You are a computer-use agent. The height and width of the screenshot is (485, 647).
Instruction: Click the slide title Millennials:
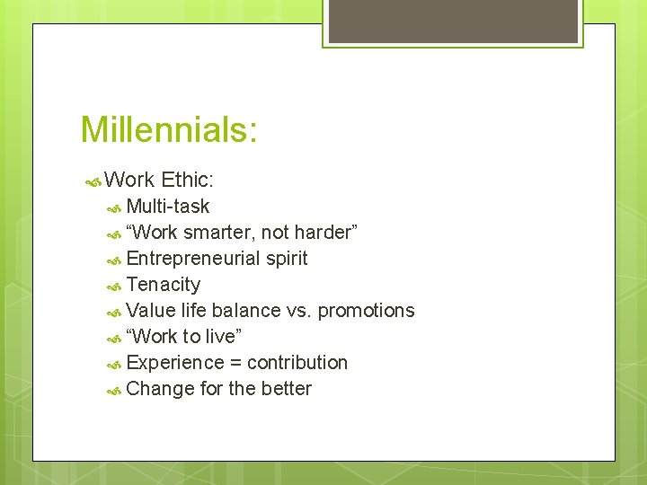(169, 129)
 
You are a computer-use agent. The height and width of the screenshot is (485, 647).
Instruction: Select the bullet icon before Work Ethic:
(92, 181)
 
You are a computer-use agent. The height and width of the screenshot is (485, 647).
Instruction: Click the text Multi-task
(168, 207)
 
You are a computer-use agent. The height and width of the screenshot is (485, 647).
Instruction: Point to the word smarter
(219, 233)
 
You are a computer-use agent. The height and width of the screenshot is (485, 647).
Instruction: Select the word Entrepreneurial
(194, 259)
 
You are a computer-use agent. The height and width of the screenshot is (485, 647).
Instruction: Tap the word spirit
(287, 259)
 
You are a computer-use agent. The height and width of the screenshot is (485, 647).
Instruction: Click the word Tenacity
(164, 285)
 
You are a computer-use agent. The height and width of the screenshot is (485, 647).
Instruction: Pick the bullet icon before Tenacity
(114, 286)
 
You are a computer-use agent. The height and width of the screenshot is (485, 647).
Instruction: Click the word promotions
(366, 311)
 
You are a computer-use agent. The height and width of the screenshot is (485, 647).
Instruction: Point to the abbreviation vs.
(297, 311)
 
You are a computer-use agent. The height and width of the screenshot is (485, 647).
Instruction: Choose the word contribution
(297, 363)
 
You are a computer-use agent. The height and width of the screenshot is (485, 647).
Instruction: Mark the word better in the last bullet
(287, 389)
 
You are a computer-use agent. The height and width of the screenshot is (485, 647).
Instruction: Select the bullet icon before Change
(114, 390)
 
